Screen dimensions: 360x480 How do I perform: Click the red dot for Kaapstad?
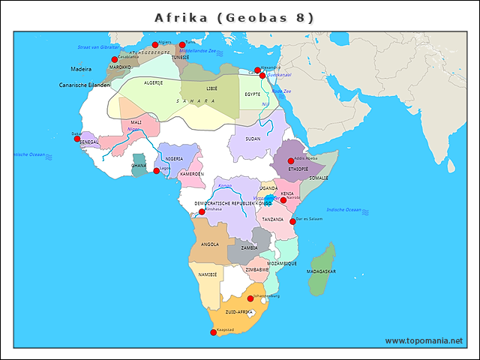pyautogui.click(x=213, y=332)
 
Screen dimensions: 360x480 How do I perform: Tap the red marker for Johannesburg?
pyautogui.click(x=250, y=298)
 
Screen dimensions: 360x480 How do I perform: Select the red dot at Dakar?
pyautogui.click(x=77, y=139)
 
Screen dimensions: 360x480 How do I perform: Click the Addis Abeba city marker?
pyautogui.click(x=291, y=161)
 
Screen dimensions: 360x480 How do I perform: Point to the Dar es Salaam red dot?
pyautogui.click(x=292, y=221)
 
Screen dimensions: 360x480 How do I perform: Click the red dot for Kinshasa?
pyautogui.click(x=202, y=212)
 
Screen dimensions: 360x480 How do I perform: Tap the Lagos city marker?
pyautogui.click(x=157, y=171)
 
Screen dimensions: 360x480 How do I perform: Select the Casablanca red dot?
pyautogui.click(x=115, y=59)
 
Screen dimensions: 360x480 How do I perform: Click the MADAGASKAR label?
pyautogui.click(x=322, y=271)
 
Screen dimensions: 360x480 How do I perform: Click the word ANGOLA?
pyautogui.click(x=210, y=244)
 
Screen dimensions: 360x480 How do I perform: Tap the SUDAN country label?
pyautogui.click(x=253, y=139)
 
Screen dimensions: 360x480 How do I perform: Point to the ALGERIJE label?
pyautogui.click(x=153, y=82)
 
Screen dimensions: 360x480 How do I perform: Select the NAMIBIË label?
pyautogui.click(x=208, y=274)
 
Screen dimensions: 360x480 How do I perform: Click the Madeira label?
pyautogui.click(x=70, y=68)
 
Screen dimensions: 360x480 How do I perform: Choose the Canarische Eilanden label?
pyautogui.click(x=85, y=85)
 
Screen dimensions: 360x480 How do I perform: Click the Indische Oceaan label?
pyautogui.click(x=345, y=209)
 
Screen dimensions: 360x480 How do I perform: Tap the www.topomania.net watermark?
pyautogui.click(x=424, y=340)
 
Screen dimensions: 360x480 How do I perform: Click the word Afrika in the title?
pyautogui.click(x=178, y=16)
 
